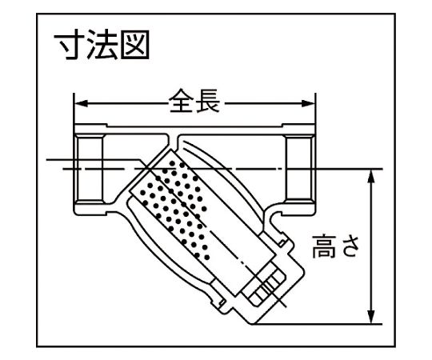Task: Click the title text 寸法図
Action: coord(102,45)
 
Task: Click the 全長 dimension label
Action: coord(194,101)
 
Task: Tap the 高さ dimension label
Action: coord(336,246)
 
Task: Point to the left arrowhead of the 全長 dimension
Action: coord(81,104)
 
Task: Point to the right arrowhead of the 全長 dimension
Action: coord(308,104)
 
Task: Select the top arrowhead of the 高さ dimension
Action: coord(371,176)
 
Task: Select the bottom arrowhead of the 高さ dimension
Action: coord(371,317)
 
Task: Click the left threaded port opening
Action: coord(90,168)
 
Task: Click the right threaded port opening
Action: coord(300,168)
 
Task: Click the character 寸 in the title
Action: coord(68,45)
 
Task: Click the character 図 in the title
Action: coord(135,45)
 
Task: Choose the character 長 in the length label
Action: coord(208,101)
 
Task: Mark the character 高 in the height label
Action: coord(324,246)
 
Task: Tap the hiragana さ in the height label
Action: coord(350,246)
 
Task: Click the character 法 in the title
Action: coord(102,45)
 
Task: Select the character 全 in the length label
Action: coord(181,101)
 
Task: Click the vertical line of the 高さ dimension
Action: coord(371,246)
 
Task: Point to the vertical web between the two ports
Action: coord(173,141)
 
